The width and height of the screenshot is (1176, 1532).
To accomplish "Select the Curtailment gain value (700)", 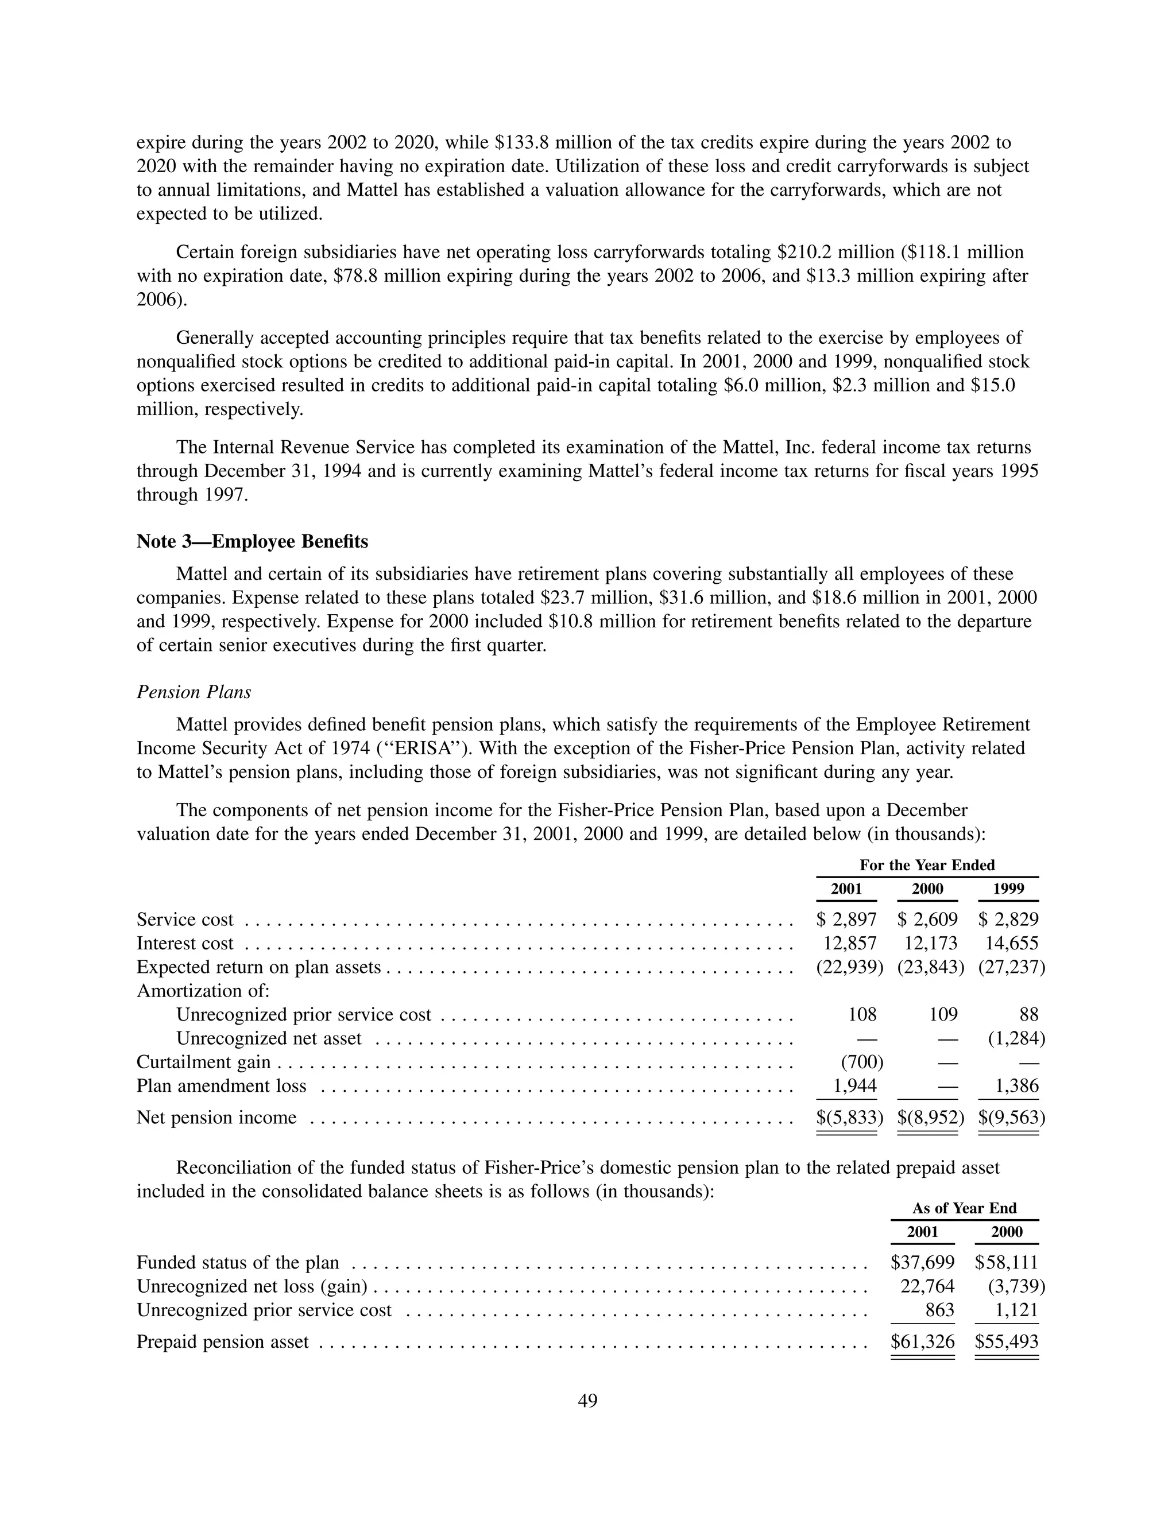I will (x=862, y=1062).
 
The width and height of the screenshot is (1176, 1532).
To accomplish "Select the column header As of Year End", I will (x=964, y=1208).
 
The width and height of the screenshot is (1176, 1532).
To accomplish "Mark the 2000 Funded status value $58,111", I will (x=1006, y=1262).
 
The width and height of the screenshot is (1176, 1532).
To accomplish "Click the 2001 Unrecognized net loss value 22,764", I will (x=927, y=1286).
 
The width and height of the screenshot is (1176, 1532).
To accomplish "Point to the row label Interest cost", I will (x=185, y=943).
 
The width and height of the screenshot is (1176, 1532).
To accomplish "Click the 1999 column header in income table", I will (x=1009, y=889).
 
